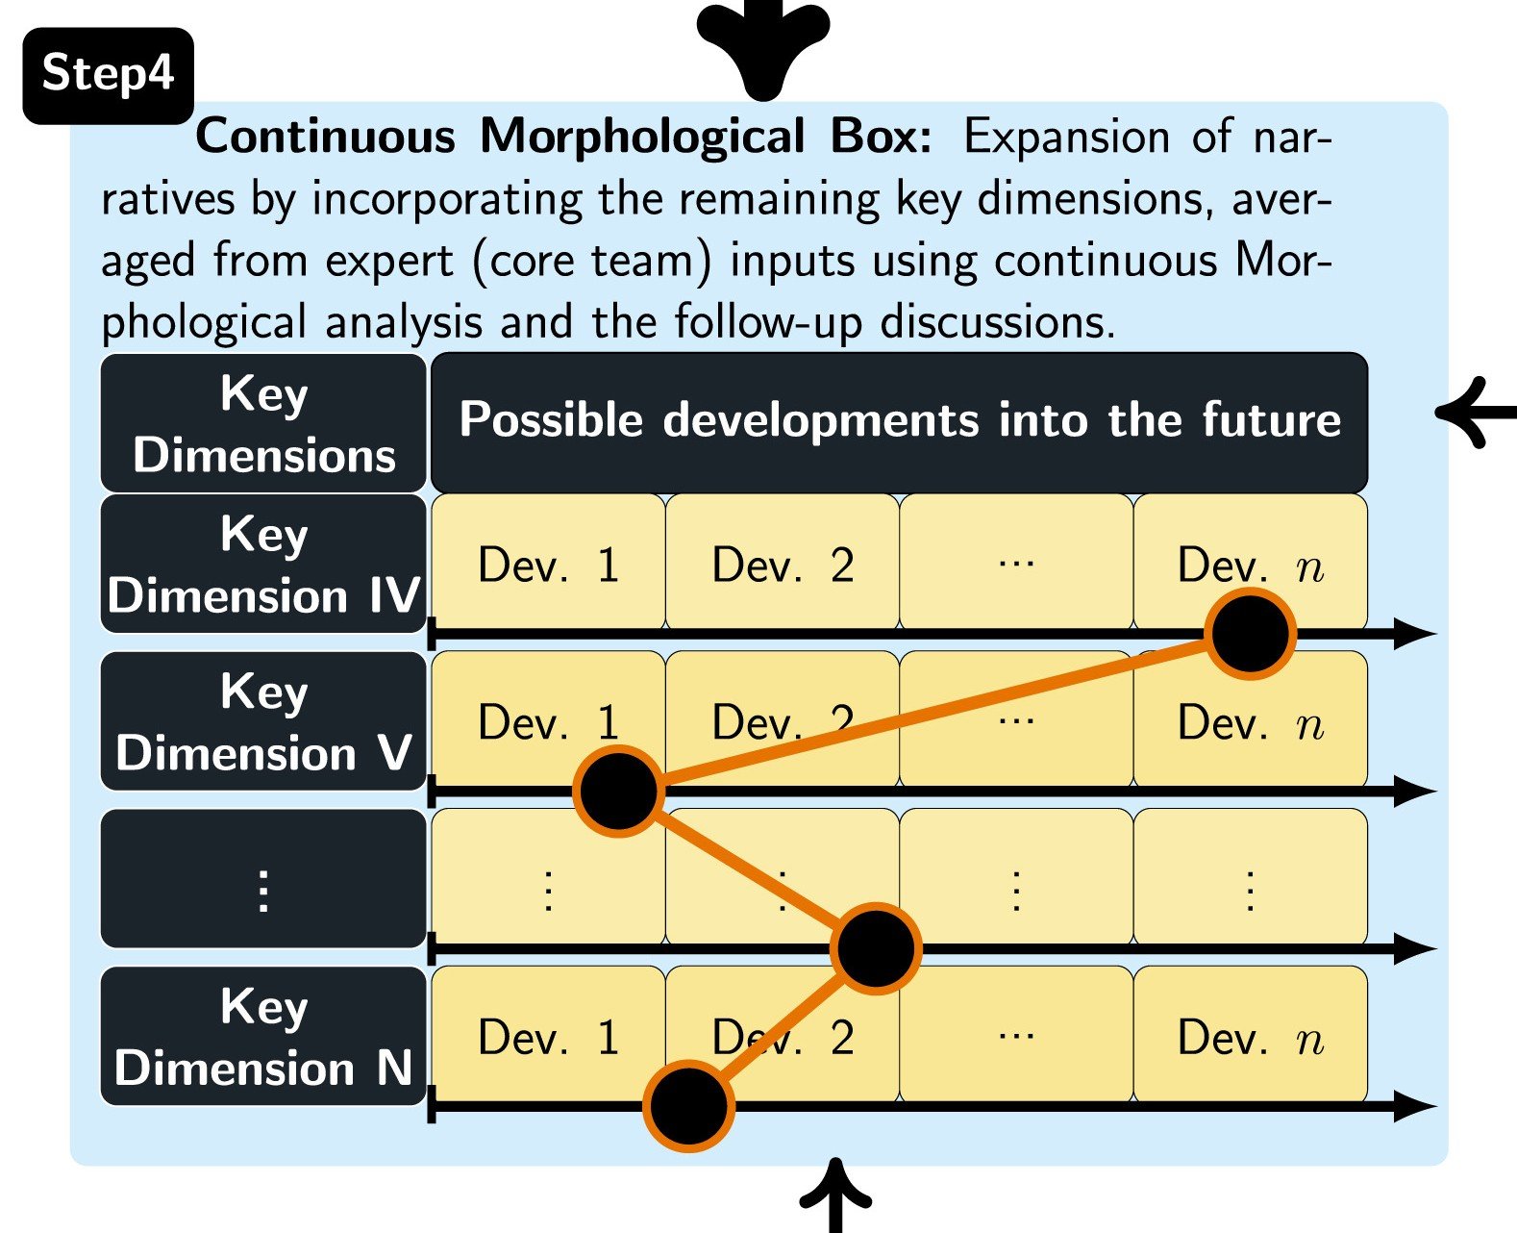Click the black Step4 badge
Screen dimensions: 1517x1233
[109, 76]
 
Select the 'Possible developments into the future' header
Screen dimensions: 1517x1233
[899, 421]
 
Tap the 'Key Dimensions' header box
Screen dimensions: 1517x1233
[263, 423]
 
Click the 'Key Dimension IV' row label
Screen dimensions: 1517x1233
[263, 564]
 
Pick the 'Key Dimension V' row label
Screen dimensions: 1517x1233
[263, 720]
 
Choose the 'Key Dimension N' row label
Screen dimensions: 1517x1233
[263, 1036]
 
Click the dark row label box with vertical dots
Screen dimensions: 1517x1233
[263, 878]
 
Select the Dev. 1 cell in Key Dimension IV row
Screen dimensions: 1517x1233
[548, 562]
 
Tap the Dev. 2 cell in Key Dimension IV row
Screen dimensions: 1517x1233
[783, 562]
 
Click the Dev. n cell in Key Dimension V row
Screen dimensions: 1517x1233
[1251, 719]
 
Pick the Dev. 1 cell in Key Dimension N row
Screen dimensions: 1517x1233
[548, 1034]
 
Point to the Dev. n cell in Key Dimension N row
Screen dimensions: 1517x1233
[1251, 1034]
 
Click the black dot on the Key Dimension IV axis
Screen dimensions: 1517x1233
[1250, 634]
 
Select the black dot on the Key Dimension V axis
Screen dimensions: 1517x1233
[619, 792]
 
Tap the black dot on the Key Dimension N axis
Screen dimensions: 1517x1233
[688, 1106]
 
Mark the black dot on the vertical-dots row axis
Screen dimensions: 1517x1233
[876, 948]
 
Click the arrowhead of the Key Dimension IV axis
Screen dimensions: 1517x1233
[1414, 634]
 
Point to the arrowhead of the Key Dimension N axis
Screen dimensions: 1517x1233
[1414, 1106]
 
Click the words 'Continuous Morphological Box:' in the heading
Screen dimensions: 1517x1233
[563, 136]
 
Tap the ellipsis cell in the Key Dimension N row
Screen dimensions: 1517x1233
[1016, 1034]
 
